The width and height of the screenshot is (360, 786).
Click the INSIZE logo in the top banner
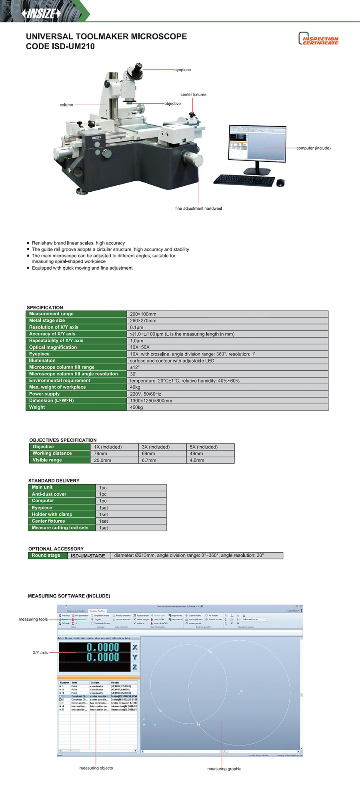pyautogui.click(x=41, y=14)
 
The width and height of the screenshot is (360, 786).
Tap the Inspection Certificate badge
pyautogui.click(x=318, y=39)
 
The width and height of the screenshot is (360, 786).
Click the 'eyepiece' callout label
pyautogui.click(x=182, y=70)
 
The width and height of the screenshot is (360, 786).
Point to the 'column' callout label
pyautogui.click(x=66, y=105)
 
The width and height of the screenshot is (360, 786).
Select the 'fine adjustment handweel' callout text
pyautogui.click(x=198, y=209)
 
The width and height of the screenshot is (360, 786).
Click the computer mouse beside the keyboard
pyautogui.click(x=280, y=182)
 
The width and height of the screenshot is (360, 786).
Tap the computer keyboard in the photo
pyautogui.click(x=244, y=180)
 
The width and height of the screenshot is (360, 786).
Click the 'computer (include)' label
pyautogui.click(x=313, y=148)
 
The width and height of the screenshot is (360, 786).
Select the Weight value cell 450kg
pyautogui.click(x=136, y=407)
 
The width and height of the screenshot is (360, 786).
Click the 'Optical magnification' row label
pyautogui.click(x=53, y=347)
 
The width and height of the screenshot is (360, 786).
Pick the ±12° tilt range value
pyautogui.click(x=135, y=367)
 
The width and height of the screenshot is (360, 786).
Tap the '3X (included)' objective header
pyautogui.click(x=156, y=447)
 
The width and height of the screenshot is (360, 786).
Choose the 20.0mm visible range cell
pyautogui.click(x=102, y=460)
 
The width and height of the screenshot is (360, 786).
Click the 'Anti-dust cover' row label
pyautogui.click(x=49, y=494)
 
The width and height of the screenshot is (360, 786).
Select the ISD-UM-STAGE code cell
pyautogui.click(x=88, y=556)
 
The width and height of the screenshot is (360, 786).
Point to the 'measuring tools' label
pyautogui.click(x=33, y=620)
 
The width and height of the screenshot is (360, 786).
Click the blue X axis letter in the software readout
pyautogui.click(x=135, y=647)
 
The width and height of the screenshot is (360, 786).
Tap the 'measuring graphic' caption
pyautogui.click(x=224, y=769)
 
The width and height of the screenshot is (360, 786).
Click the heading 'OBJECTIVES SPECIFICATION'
pyautogui.click(x=63, y=440)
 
